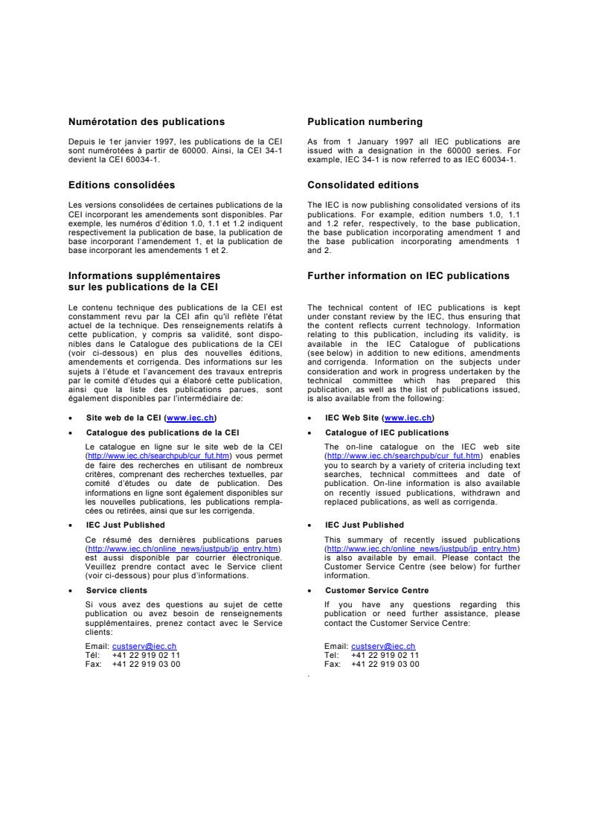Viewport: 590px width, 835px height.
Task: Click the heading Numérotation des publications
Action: click(x=147, y=121)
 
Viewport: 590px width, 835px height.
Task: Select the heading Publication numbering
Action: click(x=365, y=121)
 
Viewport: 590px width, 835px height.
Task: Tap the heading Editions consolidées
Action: click(x=122, y=185)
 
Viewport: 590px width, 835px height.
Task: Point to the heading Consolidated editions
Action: click(x=363, y=185)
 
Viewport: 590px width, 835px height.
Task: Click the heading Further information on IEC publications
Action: click(x=408, y=276)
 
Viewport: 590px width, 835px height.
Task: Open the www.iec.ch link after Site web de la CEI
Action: click(x=191, y=418)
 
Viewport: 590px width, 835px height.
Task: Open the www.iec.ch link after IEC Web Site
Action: click(x=408, y=418)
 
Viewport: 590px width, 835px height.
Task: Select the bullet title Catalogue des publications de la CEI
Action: click(x=162, y=432)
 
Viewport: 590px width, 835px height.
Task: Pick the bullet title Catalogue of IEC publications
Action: click(x=387, y=432)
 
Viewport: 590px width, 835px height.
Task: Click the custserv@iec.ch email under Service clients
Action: click(x=144, y=646)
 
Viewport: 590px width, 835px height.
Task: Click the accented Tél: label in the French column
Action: click(x=94, y=655)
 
